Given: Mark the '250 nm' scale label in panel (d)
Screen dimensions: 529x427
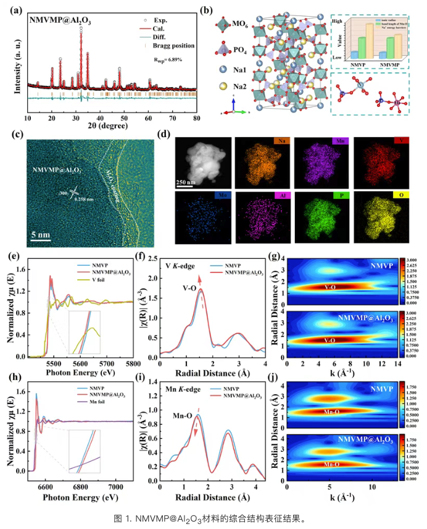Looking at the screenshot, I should (x=189, y=184).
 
